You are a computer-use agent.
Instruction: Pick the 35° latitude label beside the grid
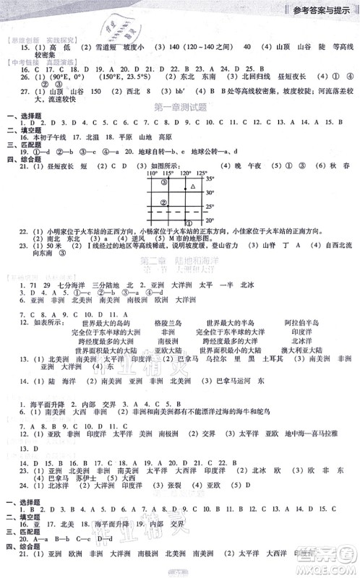click(x=210, y=178)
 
